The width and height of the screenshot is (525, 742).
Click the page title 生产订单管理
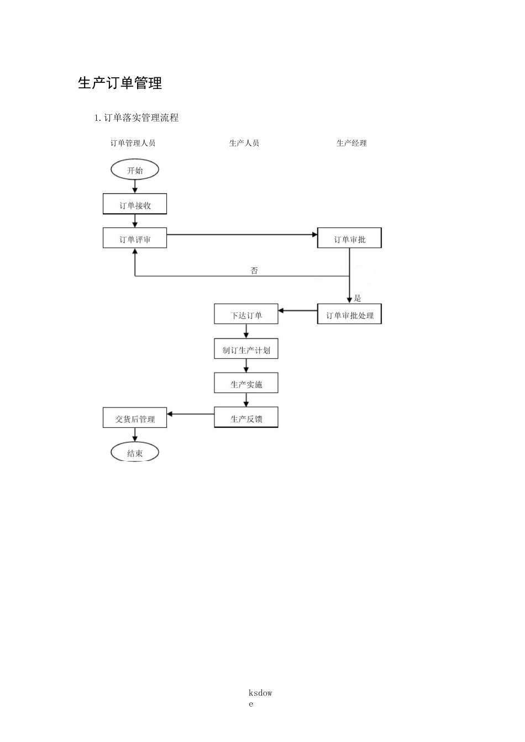pos(120,83)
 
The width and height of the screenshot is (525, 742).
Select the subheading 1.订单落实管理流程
pos(136,118)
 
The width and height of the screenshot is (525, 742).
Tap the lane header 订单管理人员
pos(133,143)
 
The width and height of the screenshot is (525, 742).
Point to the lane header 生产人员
pos(244,143)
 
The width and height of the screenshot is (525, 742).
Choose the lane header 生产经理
pos(351,143)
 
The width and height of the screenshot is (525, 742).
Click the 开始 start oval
pos(135,170)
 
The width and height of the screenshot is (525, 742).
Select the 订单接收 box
pos(135,205)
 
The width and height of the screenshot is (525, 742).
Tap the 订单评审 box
pos(135,239)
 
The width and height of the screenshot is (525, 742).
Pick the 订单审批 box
pos(349,239)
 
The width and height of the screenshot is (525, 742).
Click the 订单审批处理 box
pos(349,315)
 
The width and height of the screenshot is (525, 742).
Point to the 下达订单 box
pos(246,315)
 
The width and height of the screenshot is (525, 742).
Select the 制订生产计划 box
pos(246,349)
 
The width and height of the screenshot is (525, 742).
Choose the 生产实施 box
pos(246,384)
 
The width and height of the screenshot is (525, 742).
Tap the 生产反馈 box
pos(246,418)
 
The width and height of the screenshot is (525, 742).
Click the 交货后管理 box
pos(135,418)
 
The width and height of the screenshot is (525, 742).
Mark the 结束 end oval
pos(135,453)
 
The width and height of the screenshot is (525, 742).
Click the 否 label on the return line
pos(254,271)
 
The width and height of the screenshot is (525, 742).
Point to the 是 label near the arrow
pos(358,298)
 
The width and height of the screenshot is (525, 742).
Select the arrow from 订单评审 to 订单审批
pos(242,235)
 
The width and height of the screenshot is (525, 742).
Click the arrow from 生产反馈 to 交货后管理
pos(191,414)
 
